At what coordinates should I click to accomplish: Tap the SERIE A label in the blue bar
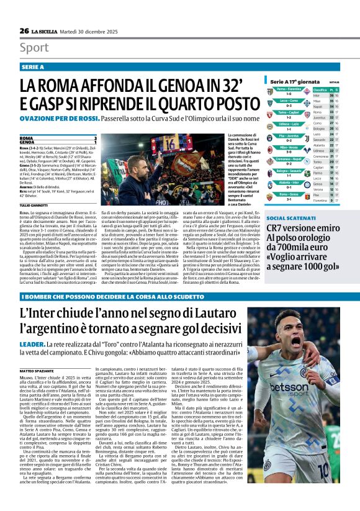[x=32, y=66]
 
